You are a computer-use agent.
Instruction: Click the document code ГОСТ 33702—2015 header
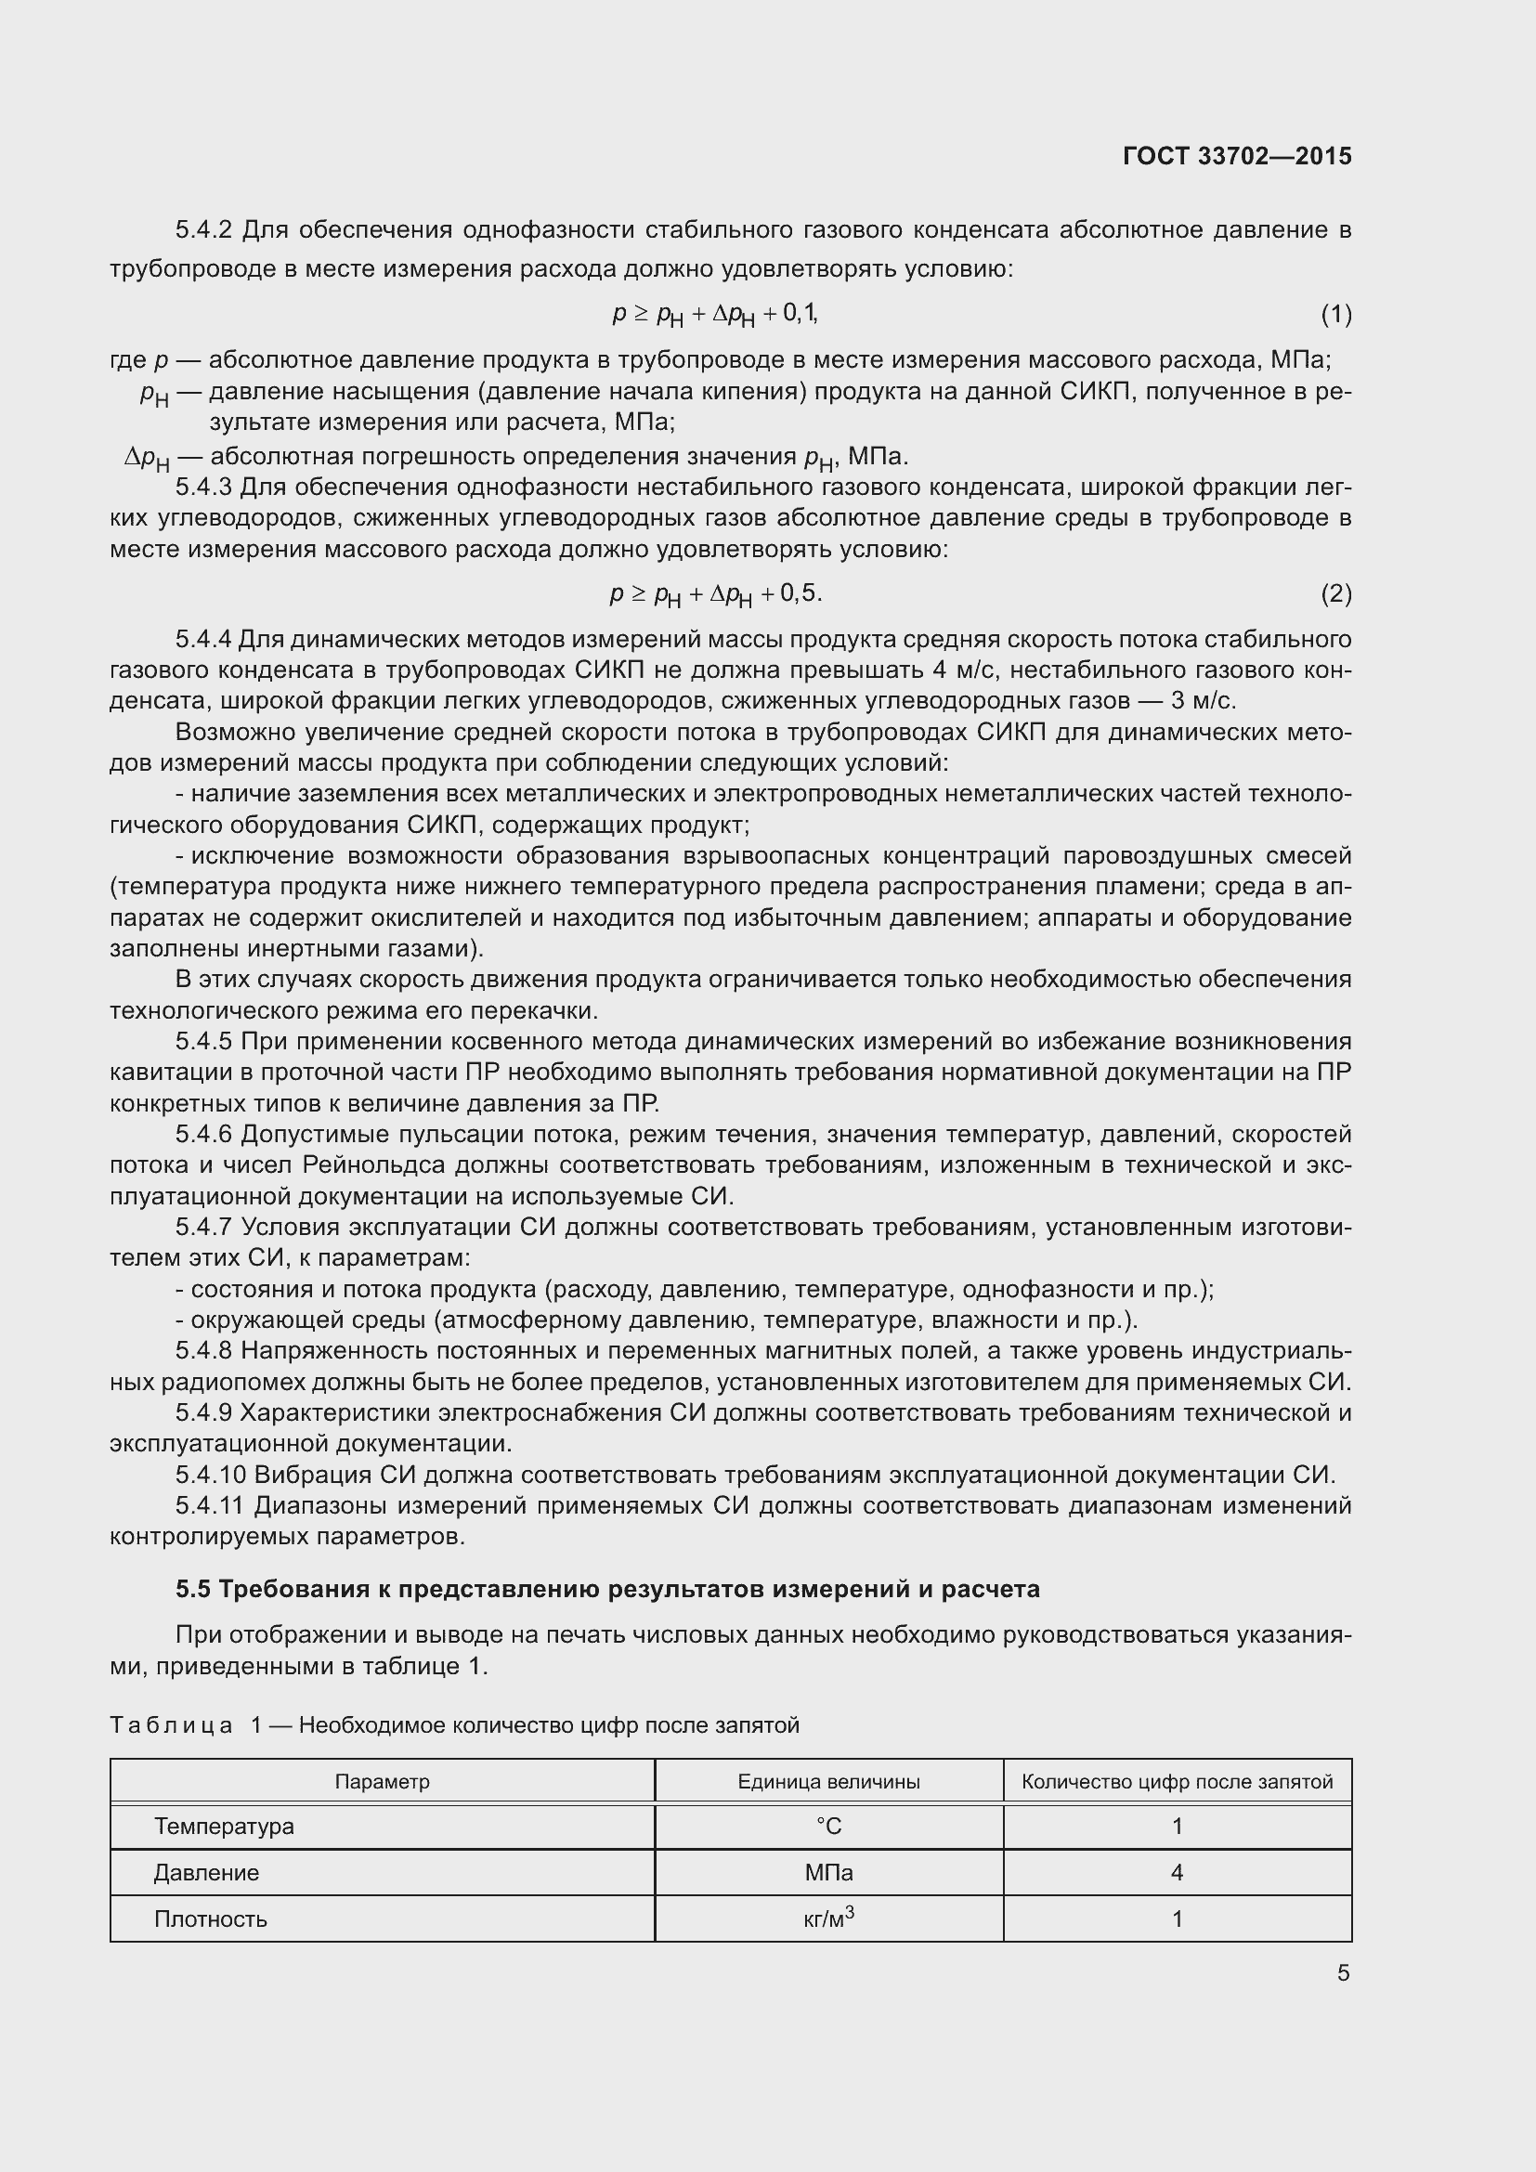click(1236, 156)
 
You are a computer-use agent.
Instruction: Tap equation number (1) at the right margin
click(1335, 314)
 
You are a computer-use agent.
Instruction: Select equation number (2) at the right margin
click(1335, 594)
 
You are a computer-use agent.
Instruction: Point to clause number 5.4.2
click(203, 230)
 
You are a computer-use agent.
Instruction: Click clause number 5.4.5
click(203, 1042)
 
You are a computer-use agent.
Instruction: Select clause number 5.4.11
click(210, 1505)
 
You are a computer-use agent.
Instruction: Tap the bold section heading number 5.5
click(193, 1589)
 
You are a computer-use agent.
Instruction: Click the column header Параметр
click(382, 1782)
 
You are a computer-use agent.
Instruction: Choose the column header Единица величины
click(828, 1782)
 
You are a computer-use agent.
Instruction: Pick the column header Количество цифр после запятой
click(1177, 1782)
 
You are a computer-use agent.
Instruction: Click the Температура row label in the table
click(224, 1827)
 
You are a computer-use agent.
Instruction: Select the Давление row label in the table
click(206, 1873)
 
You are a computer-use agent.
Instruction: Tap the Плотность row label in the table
click(211, 1919)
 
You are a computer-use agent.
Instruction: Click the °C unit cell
click(828, 1827)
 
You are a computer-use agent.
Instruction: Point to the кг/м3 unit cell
click(828, 1918)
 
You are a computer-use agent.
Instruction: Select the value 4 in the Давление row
click(1177, 1873)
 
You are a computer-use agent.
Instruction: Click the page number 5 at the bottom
click(1343, 1973)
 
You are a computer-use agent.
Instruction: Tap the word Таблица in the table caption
click(171, 1725)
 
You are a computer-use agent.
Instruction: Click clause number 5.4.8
click(203, 1351)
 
